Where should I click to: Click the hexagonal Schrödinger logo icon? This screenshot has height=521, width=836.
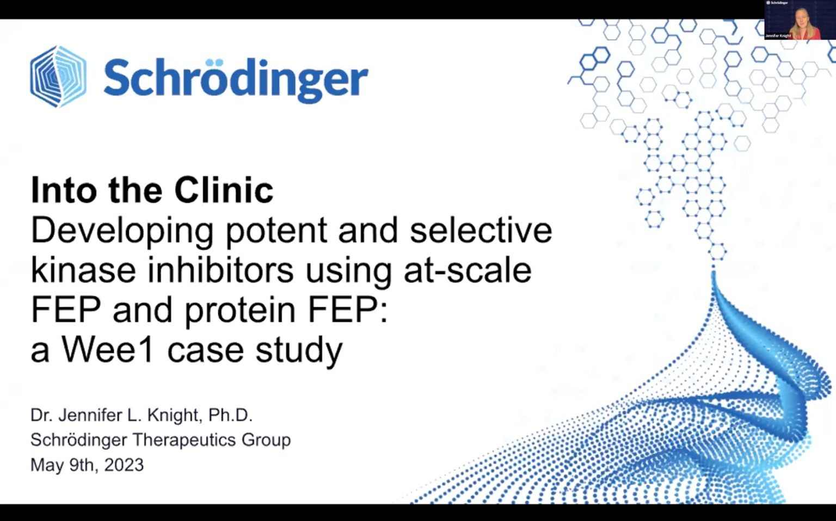coord(58,77)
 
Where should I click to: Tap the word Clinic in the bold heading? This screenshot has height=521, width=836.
coord(224,190)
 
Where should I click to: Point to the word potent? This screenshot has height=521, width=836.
coord(276,231)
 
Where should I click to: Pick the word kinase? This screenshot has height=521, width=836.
coord(83,270)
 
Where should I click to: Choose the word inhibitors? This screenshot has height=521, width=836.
coord(220,270)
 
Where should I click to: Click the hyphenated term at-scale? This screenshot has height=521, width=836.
coord(468,270)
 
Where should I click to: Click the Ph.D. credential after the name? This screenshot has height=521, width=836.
coord(230,415)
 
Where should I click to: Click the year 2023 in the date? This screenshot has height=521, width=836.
coord(124,465)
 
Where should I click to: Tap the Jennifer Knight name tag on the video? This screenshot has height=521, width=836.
coord(778,36)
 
